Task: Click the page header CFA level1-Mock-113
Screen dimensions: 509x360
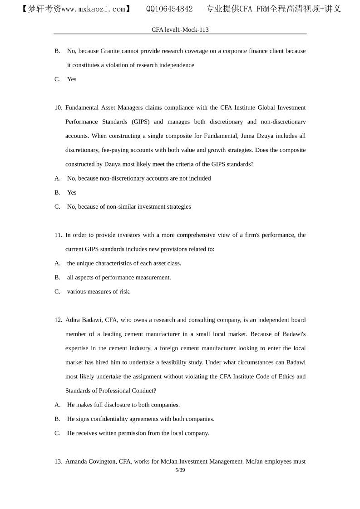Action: pos(180,29)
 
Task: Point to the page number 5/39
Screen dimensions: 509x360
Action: pos(180,470)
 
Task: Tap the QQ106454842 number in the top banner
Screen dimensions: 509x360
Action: pos(169,9)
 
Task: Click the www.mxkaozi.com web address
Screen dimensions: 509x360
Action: pos(93,9)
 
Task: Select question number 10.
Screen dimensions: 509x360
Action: pos(59,108)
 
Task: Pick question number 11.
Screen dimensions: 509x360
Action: pos(59,235)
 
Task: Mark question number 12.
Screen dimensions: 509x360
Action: pos(59,320)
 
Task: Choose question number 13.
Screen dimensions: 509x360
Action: pos(59,461)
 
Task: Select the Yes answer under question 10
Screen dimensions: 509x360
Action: pos(72,192)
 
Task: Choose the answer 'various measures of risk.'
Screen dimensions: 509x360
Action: pos(99,291)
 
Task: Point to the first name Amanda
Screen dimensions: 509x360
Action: pos(77,461)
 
